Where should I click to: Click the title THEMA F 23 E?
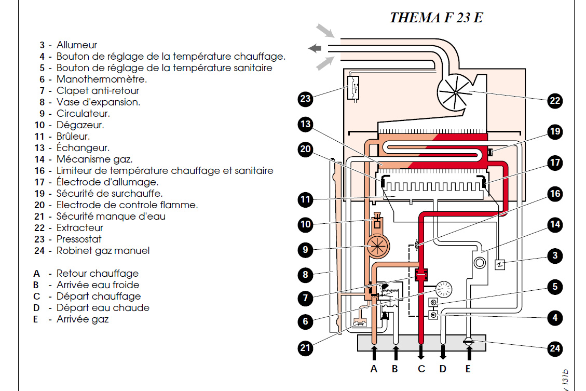(x=436, y=18)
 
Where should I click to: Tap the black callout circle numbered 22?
(x=555, y=101)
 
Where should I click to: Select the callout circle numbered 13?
(x=306, y=124)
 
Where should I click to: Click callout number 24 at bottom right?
(x=555, y=348)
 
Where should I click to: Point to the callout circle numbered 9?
(x=306, y=250)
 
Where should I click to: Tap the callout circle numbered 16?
(x=555, y=194)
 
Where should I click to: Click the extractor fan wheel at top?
(x=455, y=92)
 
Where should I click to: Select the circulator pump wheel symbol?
(x=377, y=247)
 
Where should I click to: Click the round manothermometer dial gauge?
(x=444, y=289)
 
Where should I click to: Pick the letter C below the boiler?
(x=421, y=369)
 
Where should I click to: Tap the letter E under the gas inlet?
(x=468, y=369)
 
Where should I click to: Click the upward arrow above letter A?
(x=374, y=353)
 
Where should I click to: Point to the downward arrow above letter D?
(x=443, y=353)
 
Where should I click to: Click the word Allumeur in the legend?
(x=77, y=45)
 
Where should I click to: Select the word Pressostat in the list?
(x=79, y=239)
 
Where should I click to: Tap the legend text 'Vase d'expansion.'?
(x=98, y=102)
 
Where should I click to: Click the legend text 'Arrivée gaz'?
(x=83, y=319)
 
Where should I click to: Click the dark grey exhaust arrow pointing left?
(x=315, y=48)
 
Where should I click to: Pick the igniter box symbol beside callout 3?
(x=500, y=265)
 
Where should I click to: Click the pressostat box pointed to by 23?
(x=353, y=88)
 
